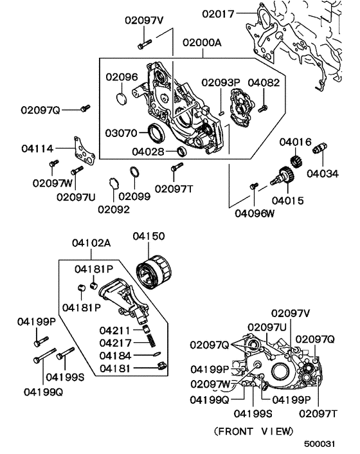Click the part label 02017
[220, 12]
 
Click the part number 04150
[149, 237]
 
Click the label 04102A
[91, 243]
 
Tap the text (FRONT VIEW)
[254, 430]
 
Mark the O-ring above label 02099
[136, 174]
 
